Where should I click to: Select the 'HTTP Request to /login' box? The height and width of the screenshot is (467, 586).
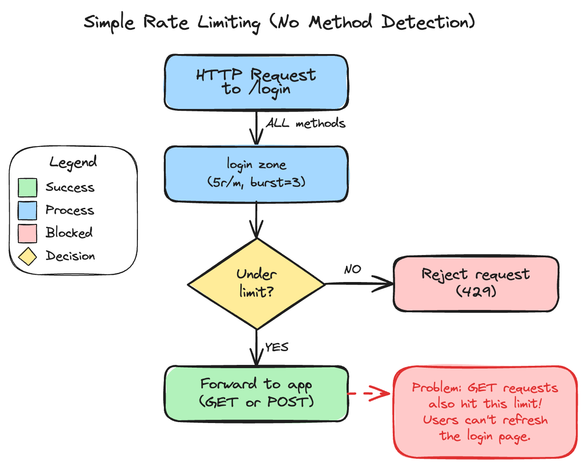point(256,82)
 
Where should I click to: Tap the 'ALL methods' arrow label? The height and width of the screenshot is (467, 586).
point(306,123)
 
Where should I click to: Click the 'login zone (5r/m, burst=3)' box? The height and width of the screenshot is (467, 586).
point(256,174)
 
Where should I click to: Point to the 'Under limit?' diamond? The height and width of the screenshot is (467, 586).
point(256,284)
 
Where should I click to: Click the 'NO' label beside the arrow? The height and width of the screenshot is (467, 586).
point(353,269)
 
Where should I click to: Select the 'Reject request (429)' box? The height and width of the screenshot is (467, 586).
point(476,284)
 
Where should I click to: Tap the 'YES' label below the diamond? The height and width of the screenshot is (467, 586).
point(277,347)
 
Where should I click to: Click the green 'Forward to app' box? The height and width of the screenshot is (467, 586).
point(256,394)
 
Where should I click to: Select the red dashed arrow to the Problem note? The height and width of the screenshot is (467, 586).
point(369,393)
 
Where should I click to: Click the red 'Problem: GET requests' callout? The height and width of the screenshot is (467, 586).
point(485,412)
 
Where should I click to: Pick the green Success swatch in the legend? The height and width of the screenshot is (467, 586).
point(27,188)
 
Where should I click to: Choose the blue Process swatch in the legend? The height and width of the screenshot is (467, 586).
point(27,211)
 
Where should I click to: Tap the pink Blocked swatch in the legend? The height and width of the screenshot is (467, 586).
point(27,233)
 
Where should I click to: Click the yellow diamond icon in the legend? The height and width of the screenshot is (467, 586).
point(27,256)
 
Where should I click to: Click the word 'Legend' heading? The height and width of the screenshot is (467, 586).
point(73,162)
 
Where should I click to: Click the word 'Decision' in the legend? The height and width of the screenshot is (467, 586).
point(71,256)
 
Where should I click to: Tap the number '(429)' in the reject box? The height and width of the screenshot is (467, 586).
point(476,291)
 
